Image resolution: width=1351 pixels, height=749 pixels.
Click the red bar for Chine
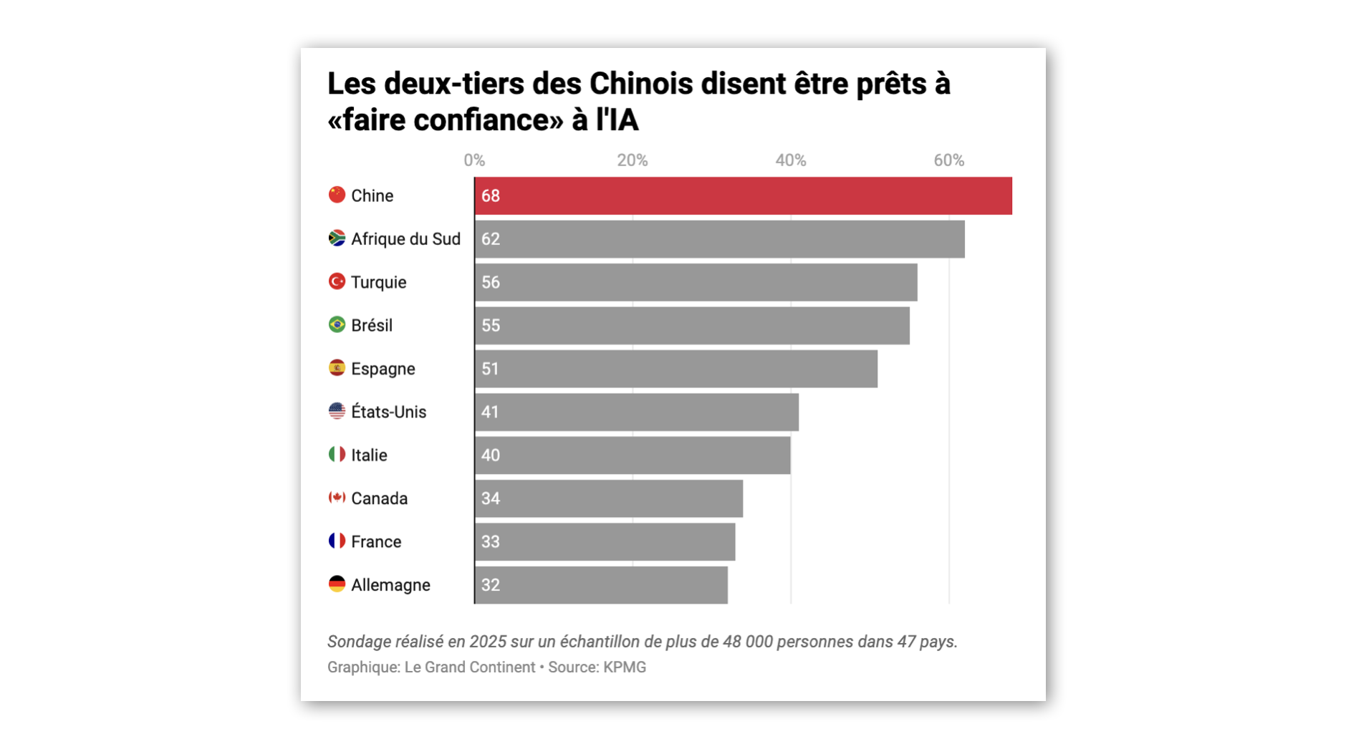tap(743, 195)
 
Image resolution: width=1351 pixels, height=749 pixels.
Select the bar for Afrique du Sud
tap(719, 239)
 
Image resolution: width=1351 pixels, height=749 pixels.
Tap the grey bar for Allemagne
tap(601, 585)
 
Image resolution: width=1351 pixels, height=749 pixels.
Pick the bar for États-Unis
tap(636, 412)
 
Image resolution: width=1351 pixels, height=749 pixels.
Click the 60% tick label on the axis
tap(948, 160)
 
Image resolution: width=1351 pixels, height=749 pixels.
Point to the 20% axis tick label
tap(633, 160)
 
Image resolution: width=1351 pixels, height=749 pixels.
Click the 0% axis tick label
tap(474, 160)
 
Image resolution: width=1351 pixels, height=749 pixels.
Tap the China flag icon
tap(337, 195)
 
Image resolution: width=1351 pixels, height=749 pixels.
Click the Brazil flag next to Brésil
tap(337, 325)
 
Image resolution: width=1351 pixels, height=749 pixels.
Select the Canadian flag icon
tap(337, 498)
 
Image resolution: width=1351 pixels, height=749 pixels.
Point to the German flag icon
tap(337, 584)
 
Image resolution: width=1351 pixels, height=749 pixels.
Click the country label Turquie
tap(378, 282)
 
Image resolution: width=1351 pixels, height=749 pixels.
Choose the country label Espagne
tap(383, 369)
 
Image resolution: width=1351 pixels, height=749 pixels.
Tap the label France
tap(375, 542)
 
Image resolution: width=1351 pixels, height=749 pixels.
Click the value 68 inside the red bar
tap(491, 196)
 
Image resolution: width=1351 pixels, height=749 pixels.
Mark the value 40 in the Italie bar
tap(491, 455)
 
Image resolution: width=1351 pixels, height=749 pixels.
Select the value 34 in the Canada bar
tap(491, 498)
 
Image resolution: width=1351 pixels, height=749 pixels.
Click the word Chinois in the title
tap(640, 84)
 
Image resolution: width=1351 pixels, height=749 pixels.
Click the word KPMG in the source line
tap(624, 667)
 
